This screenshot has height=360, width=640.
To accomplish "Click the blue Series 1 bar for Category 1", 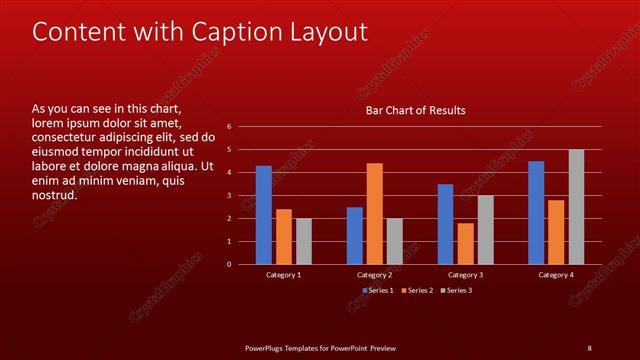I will click(264, 215).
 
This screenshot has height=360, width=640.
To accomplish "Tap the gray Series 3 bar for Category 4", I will click(576, 207).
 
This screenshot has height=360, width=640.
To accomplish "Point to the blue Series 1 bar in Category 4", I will click(536, 213).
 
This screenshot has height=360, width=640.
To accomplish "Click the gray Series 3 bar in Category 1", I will click(304, 241).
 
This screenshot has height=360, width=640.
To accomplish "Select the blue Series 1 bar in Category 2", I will click(355, 236).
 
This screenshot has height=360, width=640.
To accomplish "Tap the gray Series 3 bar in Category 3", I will click(485, 230).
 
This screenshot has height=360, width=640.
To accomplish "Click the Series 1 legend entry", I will click(377, 290).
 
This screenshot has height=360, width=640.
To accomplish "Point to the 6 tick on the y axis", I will click(229, 127).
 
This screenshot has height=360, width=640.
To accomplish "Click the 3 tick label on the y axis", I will click(229, 196).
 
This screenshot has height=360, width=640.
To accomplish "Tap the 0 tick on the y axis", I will click(229, 264).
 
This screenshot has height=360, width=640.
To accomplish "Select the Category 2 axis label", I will click(374, 274).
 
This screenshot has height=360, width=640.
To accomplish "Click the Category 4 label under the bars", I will click(556, 274).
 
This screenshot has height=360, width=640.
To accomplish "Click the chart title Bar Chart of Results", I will click(415, 110).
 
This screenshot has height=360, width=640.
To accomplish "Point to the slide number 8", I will click(589, 347).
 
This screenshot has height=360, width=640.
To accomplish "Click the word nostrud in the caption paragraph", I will click(55, 195).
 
